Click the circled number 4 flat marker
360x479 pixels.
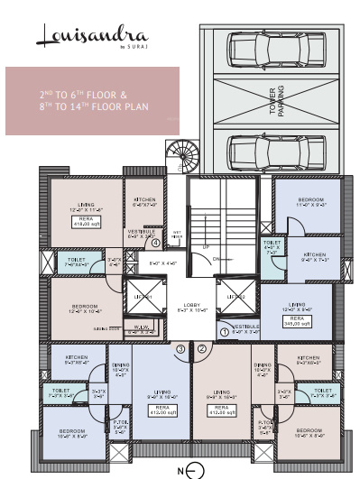(156, 242)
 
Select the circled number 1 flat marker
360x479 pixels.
(225, 331)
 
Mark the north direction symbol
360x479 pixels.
(184, 469)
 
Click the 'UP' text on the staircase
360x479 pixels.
(206, 246)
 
